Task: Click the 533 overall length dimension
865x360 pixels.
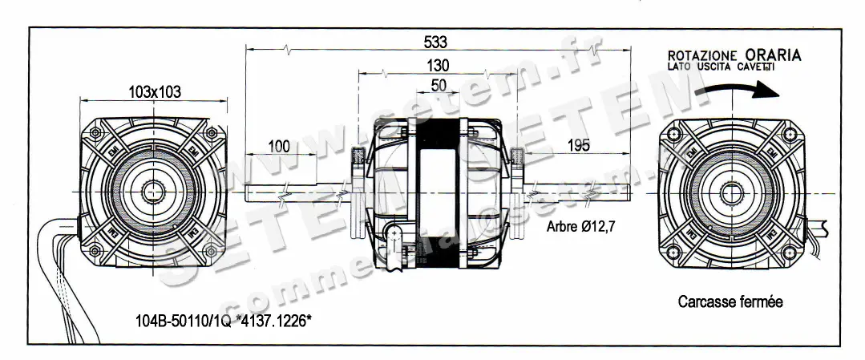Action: tap(436, 41)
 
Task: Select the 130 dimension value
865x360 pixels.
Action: tap(438, 65)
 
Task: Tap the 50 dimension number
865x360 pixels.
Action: tap(439, 84)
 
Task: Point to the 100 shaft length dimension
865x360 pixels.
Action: tap(277, 146)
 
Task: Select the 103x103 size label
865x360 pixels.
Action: tap(154, 92)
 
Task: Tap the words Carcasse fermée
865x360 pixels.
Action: tap(730, 302)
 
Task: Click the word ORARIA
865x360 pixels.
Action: tap(772, 55)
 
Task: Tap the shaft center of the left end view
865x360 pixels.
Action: tap(154, 192)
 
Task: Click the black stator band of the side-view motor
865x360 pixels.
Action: tap(438, 192)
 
